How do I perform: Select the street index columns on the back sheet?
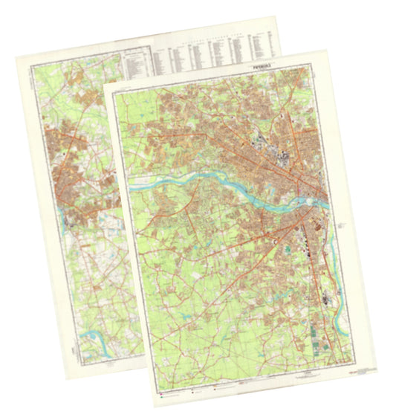pyautogui.click(x=215, y=52)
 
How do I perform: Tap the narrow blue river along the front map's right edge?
pyautogui.click(x=340, y=305)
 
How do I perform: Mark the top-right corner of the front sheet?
pyautogui.click(x=326, y=51)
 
